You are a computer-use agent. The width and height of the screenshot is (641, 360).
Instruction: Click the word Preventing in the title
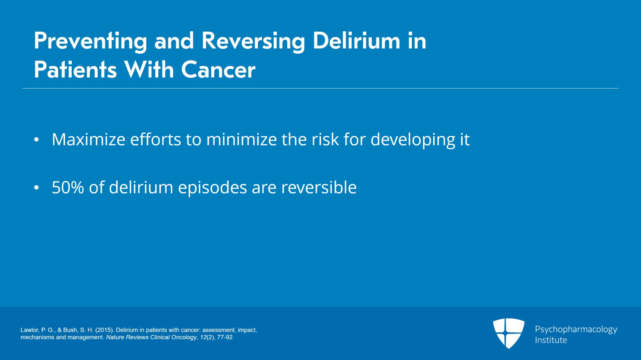(x=91, y=41)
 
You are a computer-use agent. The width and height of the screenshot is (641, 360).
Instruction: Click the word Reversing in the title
(x=253, y=41)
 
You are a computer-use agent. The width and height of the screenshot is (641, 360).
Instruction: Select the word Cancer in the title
(x=218, y=70)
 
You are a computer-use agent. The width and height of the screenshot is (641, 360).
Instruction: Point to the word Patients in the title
(x=75, y=70)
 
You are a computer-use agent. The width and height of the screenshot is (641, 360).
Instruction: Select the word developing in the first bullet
(x=413, y=140)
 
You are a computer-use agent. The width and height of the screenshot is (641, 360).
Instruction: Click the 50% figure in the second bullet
(x=68, y=187)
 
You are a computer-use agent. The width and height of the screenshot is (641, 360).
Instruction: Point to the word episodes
(x=212, y=188)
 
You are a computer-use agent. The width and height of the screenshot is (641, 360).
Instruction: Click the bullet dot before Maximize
(x=36, y=140)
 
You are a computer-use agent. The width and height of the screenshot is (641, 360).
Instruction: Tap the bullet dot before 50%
(x=36, y=188)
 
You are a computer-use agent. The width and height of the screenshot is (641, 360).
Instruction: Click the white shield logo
(x=508, y=332)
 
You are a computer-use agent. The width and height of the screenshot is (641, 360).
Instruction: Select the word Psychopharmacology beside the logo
(x=576, y=329)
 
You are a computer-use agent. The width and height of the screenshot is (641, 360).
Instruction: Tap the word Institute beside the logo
(x=551, y=340)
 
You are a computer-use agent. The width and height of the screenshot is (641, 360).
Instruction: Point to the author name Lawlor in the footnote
(x=30, y=330)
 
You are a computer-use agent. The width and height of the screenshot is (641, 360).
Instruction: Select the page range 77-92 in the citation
(x=225, y=337)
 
